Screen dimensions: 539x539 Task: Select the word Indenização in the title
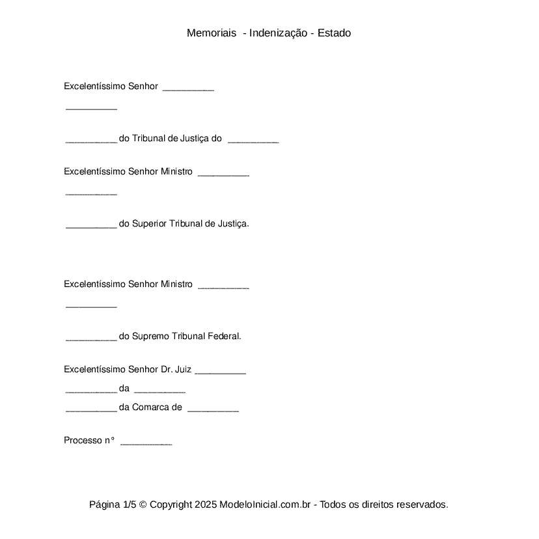pyautogui.click(x=278, y=33)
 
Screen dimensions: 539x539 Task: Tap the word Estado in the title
pyautogui.click(x=334, y=33)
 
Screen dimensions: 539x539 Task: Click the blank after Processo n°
pyautogui.click(x=146, y=441)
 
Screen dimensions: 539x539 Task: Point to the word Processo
pyautogui.click(x=83, y=441)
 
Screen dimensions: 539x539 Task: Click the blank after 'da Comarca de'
pyautogui.click(x=213, y=409)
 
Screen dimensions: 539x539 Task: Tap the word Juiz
pyautogui.click(x=183, y=370)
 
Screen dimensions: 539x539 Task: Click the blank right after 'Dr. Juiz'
pyautogui.click(x=220, y=371)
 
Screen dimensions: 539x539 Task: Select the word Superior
pyautogui.click(x=149, y=224)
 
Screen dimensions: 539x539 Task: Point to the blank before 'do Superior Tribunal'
pyautogui.click(x=91, y=225)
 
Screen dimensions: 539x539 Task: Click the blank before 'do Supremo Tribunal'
pyautogui.click(x=91, y=338)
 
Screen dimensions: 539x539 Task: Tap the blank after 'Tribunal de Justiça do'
pyautogui.click(x=253, y=140)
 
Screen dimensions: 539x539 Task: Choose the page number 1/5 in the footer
pyautogui.click(x=130, y=504)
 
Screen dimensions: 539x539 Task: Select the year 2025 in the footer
pyautogui.click(x=205, y=504)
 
